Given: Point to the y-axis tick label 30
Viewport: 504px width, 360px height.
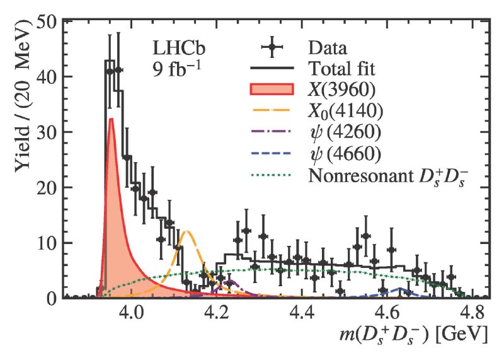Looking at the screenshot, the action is point(47,132).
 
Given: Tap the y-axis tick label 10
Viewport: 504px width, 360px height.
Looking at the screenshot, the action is point(47,243).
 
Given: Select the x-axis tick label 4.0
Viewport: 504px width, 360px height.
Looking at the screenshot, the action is point(132,312).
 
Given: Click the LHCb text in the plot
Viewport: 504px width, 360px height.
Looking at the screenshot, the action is point(179,49).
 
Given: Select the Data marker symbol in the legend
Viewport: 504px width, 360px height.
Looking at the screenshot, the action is point(272,47).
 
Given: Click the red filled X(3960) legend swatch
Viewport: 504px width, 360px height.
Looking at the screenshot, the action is point(272,89).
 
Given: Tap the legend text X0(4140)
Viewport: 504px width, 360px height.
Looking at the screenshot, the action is point(345,112).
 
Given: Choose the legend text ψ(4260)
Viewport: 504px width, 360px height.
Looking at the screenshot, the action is point(346,132).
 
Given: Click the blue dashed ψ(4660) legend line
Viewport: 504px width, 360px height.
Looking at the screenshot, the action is point(271,153).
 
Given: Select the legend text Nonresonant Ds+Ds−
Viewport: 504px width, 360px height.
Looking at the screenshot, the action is point(388,176).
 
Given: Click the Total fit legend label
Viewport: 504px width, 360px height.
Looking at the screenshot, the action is point(341,69).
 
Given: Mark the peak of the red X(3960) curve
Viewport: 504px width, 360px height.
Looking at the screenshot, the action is point(112,119).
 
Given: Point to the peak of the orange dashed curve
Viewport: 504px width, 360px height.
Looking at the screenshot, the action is point(186,231).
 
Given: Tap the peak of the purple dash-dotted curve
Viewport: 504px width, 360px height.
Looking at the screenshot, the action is point(230,281).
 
